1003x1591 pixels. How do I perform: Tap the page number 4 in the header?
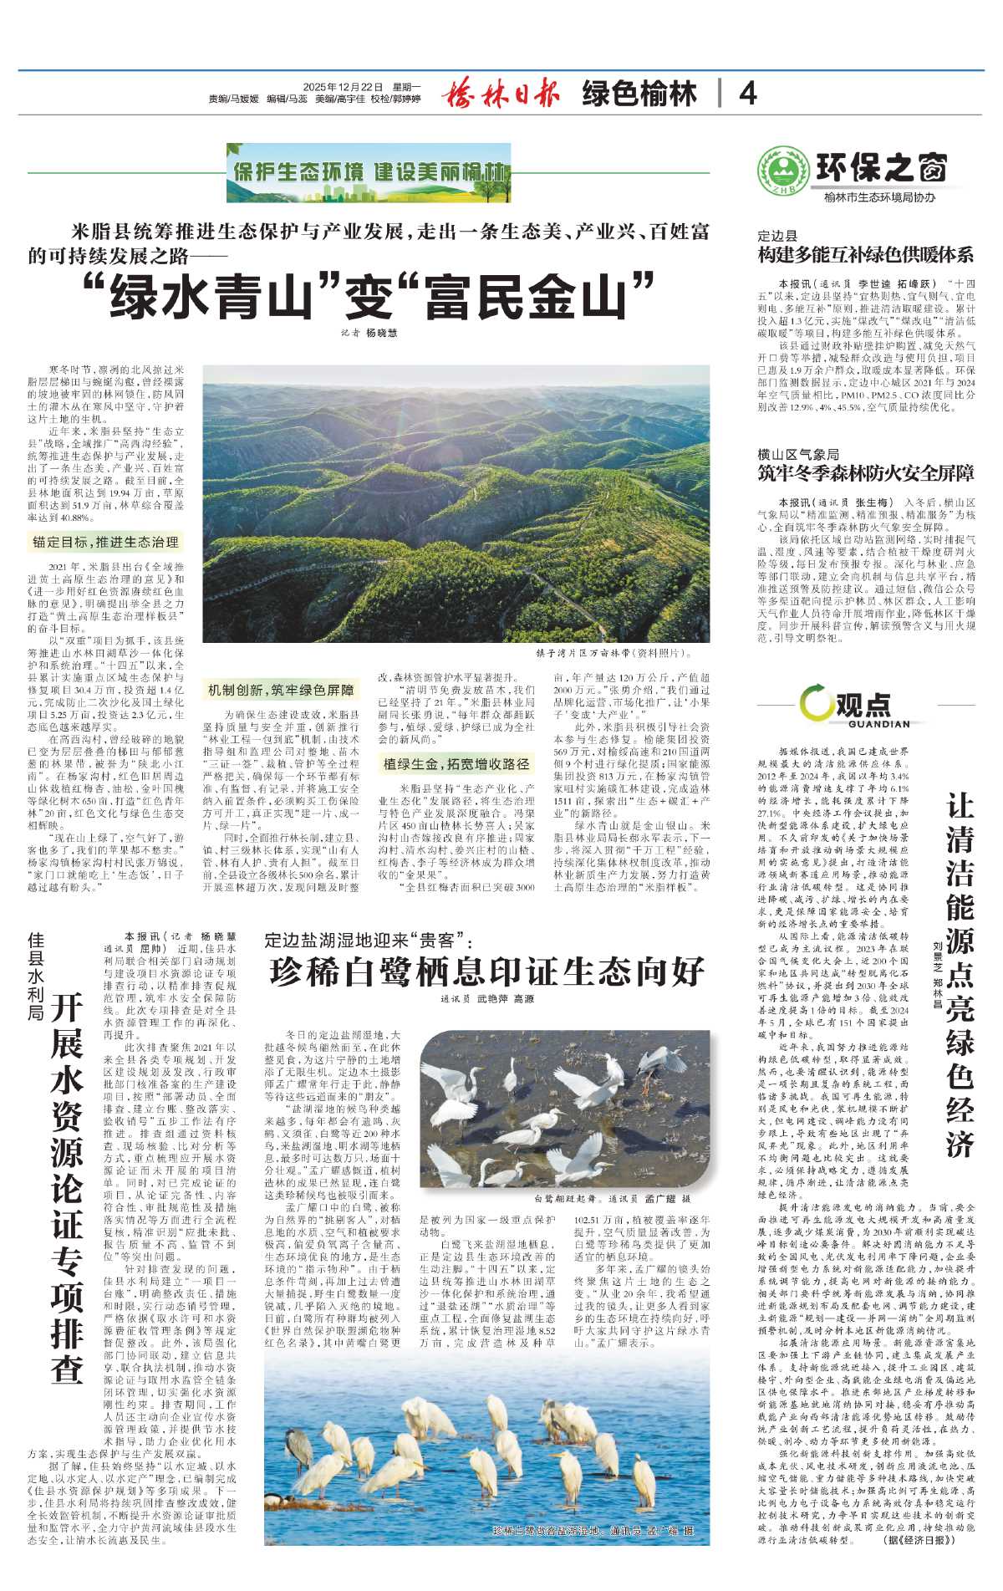pyautogui.click(x=747, y=93)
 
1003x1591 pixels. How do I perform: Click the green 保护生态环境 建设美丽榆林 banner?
pyautogui.click(x=369, y=172)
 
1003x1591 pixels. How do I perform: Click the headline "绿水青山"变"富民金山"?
pyautogui.click(x=369, y=296)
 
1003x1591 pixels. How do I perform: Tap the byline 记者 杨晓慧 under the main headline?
pyautogui.click(x=369, y=333)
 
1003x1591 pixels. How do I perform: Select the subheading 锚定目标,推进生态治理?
pyautogui.click(x=106, y=542)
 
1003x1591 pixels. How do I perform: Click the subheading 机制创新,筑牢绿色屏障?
pyautogui.click(x=281, y=690)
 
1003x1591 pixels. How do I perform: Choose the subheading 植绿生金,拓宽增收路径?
pyautogui.click(x=456, y=763)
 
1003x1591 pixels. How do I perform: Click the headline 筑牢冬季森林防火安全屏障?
pyautogui.click(x=865, y=473)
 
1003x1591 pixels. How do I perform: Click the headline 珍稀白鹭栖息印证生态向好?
pyautogui.click(x=486, y=971)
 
